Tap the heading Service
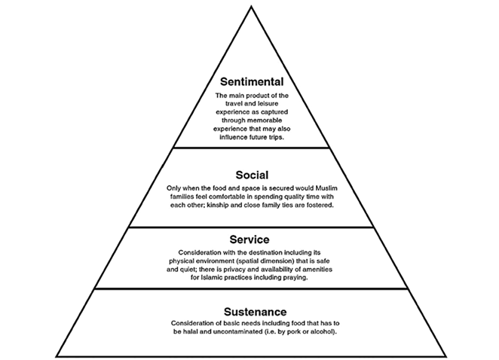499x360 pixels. click(249, 239)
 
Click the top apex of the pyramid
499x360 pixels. click(249, 7)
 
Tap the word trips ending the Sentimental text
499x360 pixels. click(277, 137)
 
